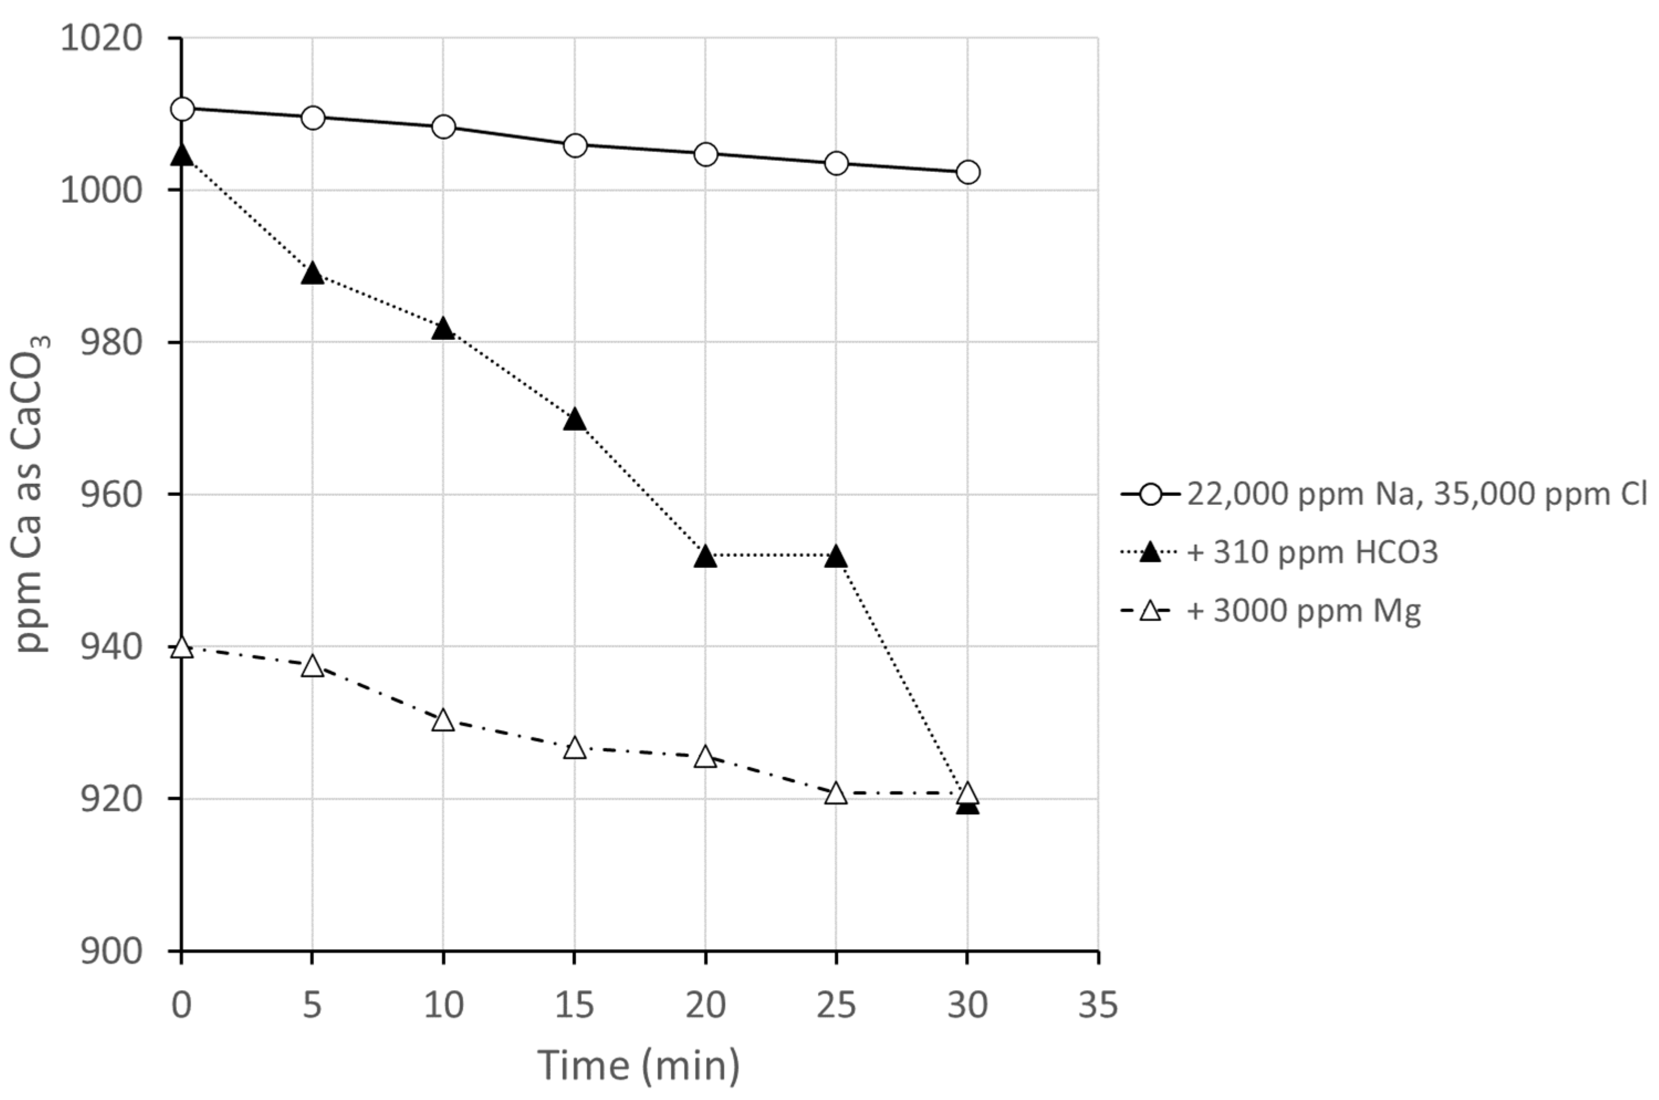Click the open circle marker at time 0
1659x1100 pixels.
182,109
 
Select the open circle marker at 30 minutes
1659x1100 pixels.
968,172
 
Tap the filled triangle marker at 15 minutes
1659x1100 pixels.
575,420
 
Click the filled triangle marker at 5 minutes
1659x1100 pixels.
312,274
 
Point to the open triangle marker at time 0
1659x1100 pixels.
182,647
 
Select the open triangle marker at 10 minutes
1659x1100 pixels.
444,720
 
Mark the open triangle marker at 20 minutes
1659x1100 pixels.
705,757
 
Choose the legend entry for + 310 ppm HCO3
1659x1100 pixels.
1311,553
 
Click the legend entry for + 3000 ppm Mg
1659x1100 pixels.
1302,611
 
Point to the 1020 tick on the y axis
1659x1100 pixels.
102,38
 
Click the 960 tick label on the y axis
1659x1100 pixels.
102,494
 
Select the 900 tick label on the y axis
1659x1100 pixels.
102,952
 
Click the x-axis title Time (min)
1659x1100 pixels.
639,1065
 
